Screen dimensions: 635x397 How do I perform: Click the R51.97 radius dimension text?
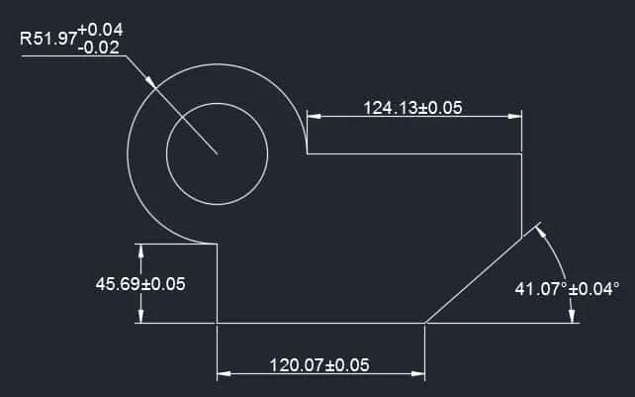[x=48, y=39]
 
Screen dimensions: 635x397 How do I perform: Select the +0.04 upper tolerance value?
[x=100, y=30]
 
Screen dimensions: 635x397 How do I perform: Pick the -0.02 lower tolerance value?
[x=99, y=48]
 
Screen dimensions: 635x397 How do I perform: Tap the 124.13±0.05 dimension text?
[x=412, y=108]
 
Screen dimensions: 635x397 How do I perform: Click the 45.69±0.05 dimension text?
[x=140, y=284]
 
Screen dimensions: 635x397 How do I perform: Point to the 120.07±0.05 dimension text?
[x=319, y=365]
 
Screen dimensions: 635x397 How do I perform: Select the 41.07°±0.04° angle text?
[x=567, y=289]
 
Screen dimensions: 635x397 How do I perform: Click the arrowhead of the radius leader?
[x=150, y=82]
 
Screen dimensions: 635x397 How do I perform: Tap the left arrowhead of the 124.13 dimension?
[x=314, y=117]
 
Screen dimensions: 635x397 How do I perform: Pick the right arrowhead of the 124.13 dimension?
[x=514, y=117]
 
